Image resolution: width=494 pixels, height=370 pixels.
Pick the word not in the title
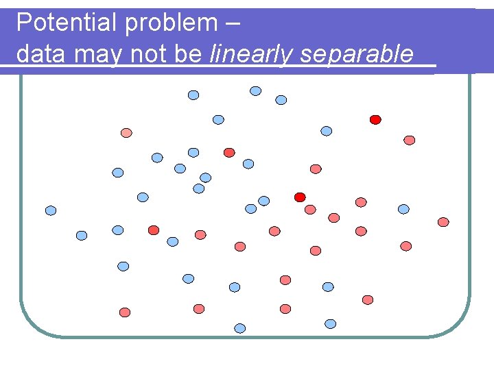coord(147,53)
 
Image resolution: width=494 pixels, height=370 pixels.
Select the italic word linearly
coord(252,53)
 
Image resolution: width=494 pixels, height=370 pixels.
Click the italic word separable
coord(357,53)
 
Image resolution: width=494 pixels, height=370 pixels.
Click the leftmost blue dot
coord(51,210)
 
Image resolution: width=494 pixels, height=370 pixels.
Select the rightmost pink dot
coord(443,222)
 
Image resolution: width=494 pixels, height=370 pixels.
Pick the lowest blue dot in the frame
coord(240,328)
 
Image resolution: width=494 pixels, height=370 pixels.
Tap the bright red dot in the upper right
coord(375,119)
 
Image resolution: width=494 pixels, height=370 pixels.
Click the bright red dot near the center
coord(300,197)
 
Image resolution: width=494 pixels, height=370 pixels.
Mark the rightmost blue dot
coord(403,209)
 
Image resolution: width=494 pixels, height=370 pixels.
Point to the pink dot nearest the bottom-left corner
coord(125,312)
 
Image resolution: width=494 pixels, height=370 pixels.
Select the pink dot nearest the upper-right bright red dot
coord(409,140)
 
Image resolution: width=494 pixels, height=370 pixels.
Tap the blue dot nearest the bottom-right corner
coord(331,323)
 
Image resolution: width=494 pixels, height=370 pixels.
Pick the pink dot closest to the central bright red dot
coord(310,209)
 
